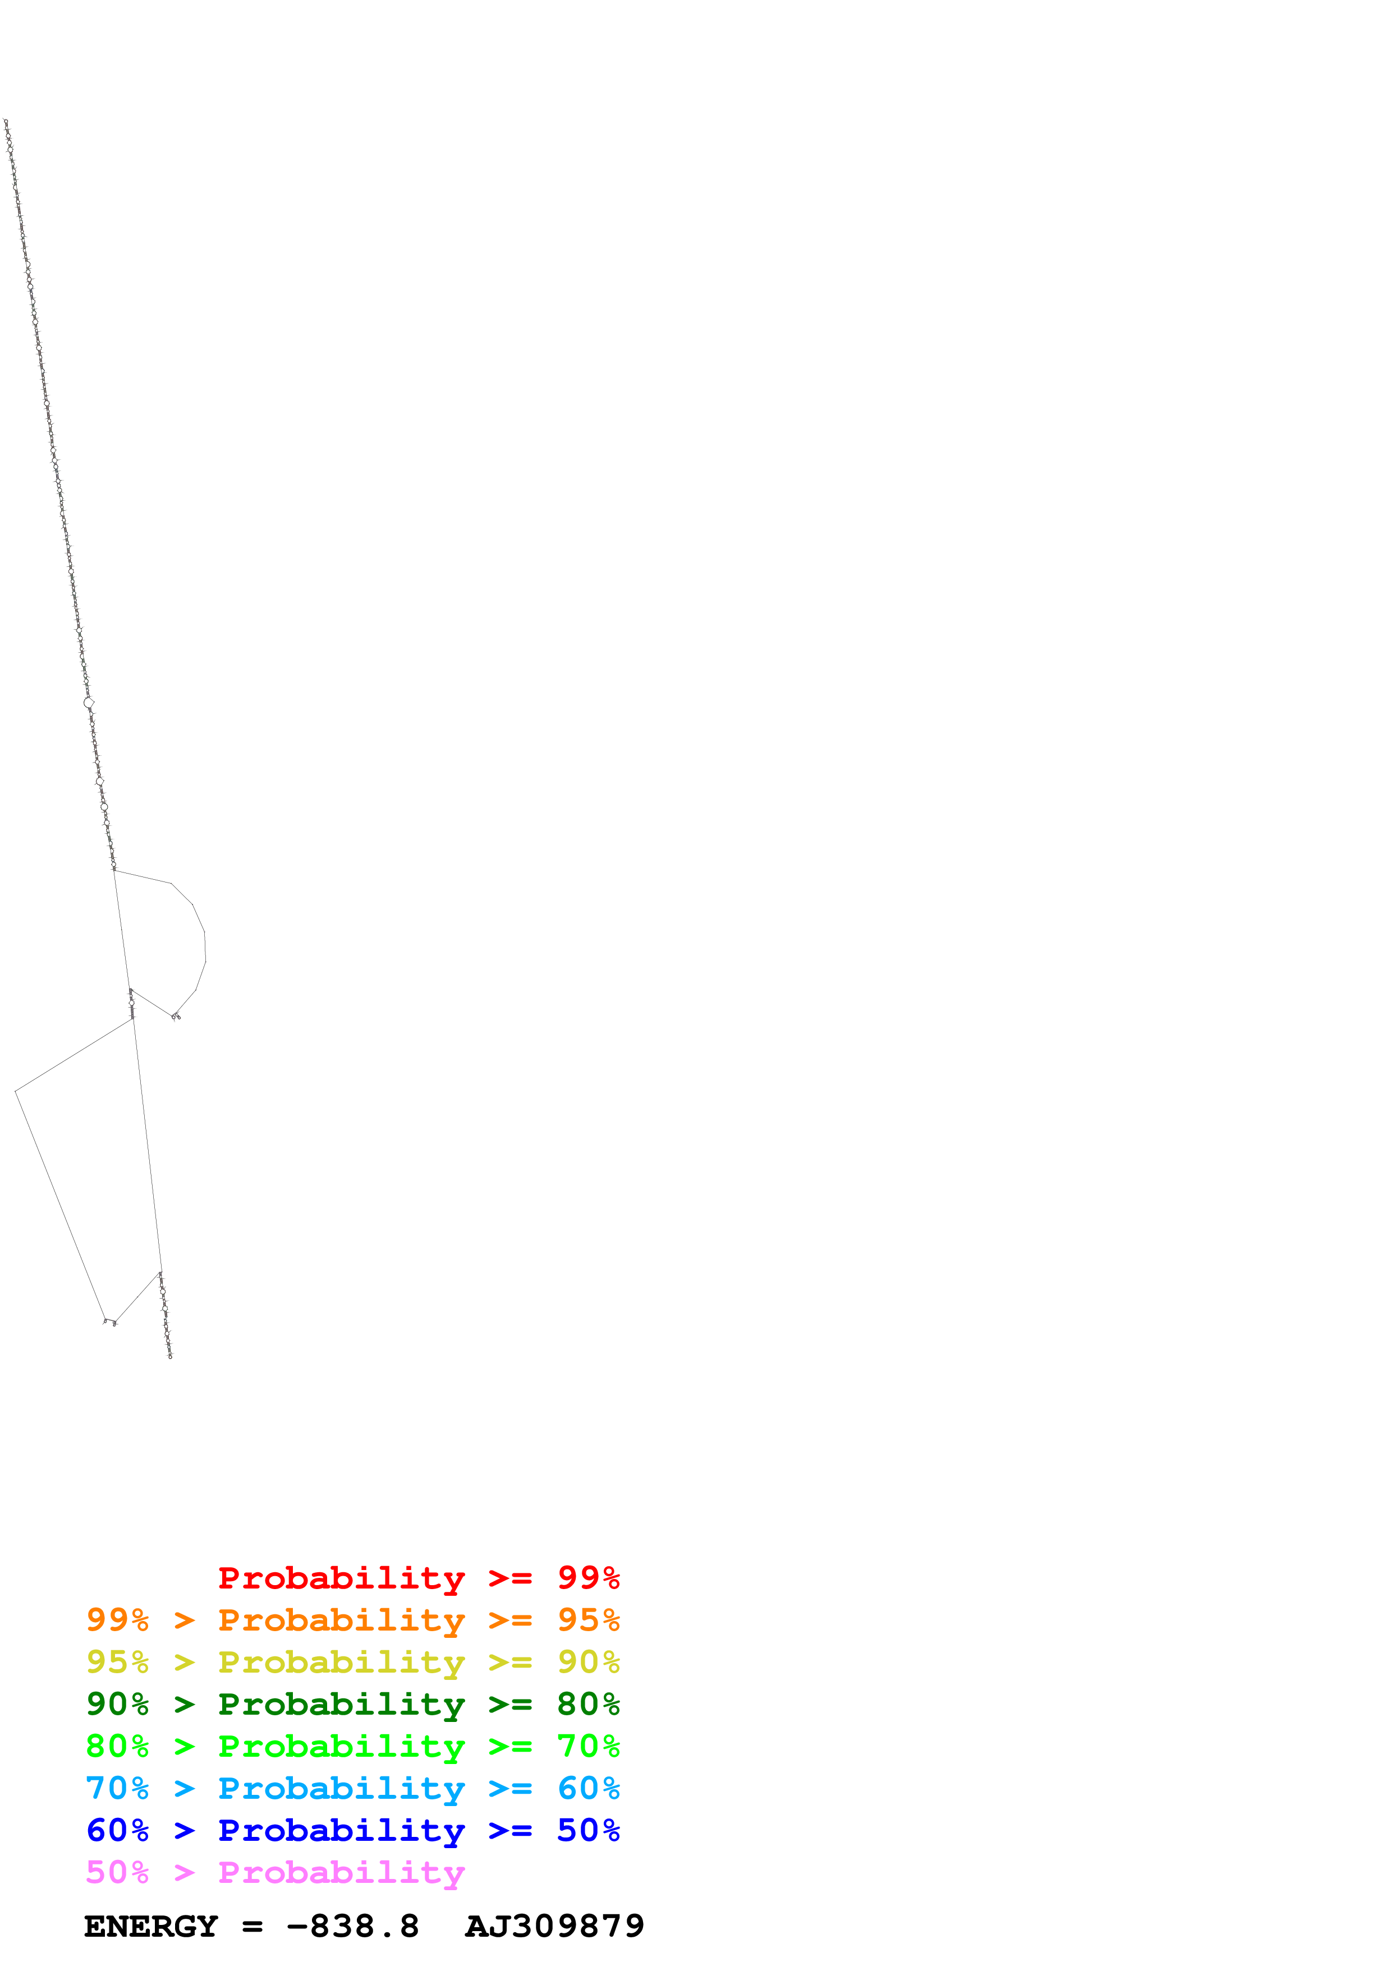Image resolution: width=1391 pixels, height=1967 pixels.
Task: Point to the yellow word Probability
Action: click(341, 1663)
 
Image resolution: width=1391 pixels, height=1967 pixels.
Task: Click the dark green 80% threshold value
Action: click(588, 1704)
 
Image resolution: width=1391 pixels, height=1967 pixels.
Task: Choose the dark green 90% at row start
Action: click(117, 1704)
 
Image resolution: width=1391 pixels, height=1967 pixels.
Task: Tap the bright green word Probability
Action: click(341, 1747)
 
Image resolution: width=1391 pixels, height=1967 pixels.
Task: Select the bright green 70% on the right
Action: click(588, 1746)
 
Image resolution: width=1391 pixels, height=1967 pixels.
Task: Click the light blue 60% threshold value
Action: click(588, 1788)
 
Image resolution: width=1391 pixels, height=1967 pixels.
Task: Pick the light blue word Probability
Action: click(341, 1789)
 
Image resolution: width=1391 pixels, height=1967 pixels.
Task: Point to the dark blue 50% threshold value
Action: click(588, 1830)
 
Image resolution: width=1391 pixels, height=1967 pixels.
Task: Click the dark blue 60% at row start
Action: click(117, 1830)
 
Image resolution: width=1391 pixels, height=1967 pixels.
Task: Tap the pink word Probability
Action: click(341, 1873)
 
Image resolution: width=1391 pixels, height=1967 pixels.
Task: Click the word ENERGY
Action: click(151, 1927)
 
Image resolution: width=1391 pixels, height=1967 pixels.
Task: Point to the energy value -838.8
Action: click(352, 1927)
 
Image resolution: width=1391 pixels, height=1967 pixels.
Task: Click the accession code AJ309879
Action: click(554, 1927)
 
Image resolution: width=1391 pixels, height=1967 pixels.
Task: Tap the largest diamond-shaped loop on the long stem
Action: click(88, 703)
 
